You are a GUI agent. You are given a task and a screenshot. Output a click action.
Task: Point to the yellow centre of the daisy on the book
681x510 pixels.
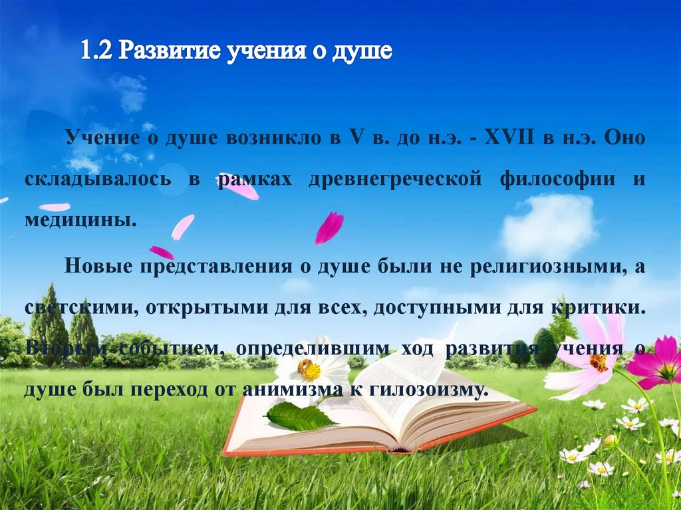pyautogui.click(x=309, y=370)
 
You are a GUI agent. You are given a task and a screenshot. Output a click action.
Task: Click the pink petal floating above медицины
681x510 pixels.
pyautogui.click(x=182, y=227)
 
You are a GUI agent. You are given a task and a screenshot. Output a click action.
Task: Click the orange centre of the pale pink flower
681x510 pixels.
pyautogui.click(x=598, y=362)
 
